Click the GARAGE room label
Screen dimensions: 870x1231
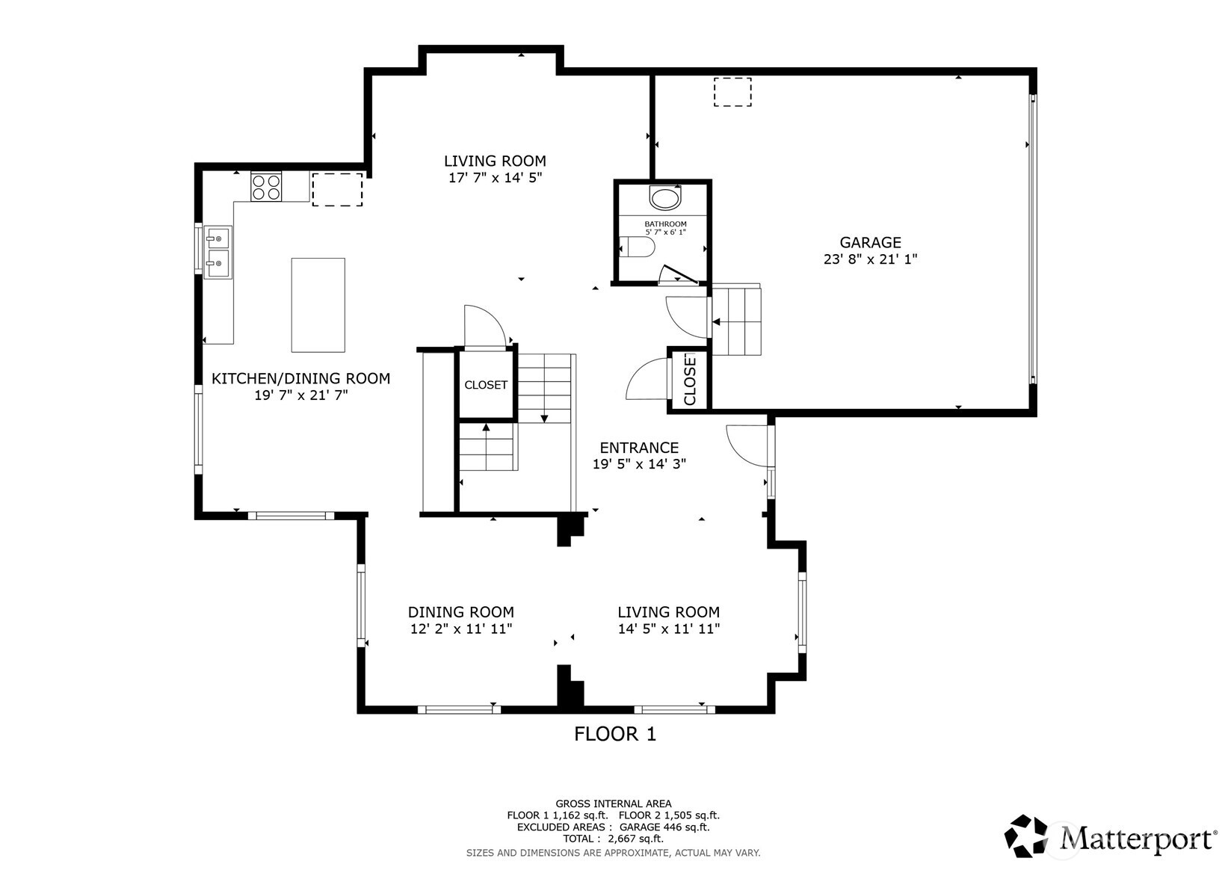click(x=870, y=242)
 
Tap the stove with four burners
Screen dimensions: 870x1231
click(x=266, y=186)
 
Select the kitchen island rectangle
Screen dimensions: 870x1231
click(x=318, y=305)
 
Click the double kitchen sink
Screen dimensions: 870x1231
click(x=217, y=251)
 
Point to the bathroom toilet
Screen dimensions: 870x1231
click(x=637, y=247)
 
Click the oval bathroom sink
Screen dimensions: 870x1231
click(x=664, y=199)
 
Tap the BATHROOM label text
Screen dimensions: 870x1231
click(x=665, y=223)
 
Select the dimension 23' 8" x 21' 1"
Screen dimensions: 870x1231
click(x=870, y=259)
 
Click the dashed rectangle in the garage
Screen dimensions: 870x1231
click(x=732, y=92)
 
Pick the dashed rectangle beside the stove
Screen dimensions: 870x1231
click(x=337, y=190)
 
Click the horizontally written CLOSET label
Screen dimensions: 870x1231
click(x=486, y=385)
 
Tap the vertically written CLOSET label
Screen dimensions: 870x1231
click(x=689, y=380)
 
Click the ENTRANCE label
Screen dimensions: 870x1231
click(x=639, y=448)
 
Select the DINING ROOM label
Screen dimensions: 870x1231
click(x=460, y=612)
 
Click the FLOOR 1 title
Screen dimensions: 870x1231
click(x=614, y=734)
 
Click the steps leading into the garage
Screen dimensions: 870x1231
click(x=735, y=321)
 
